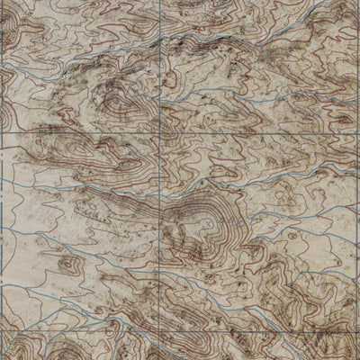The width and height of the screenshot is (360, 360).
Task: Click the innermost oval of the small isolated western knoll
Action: (65, 265)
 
